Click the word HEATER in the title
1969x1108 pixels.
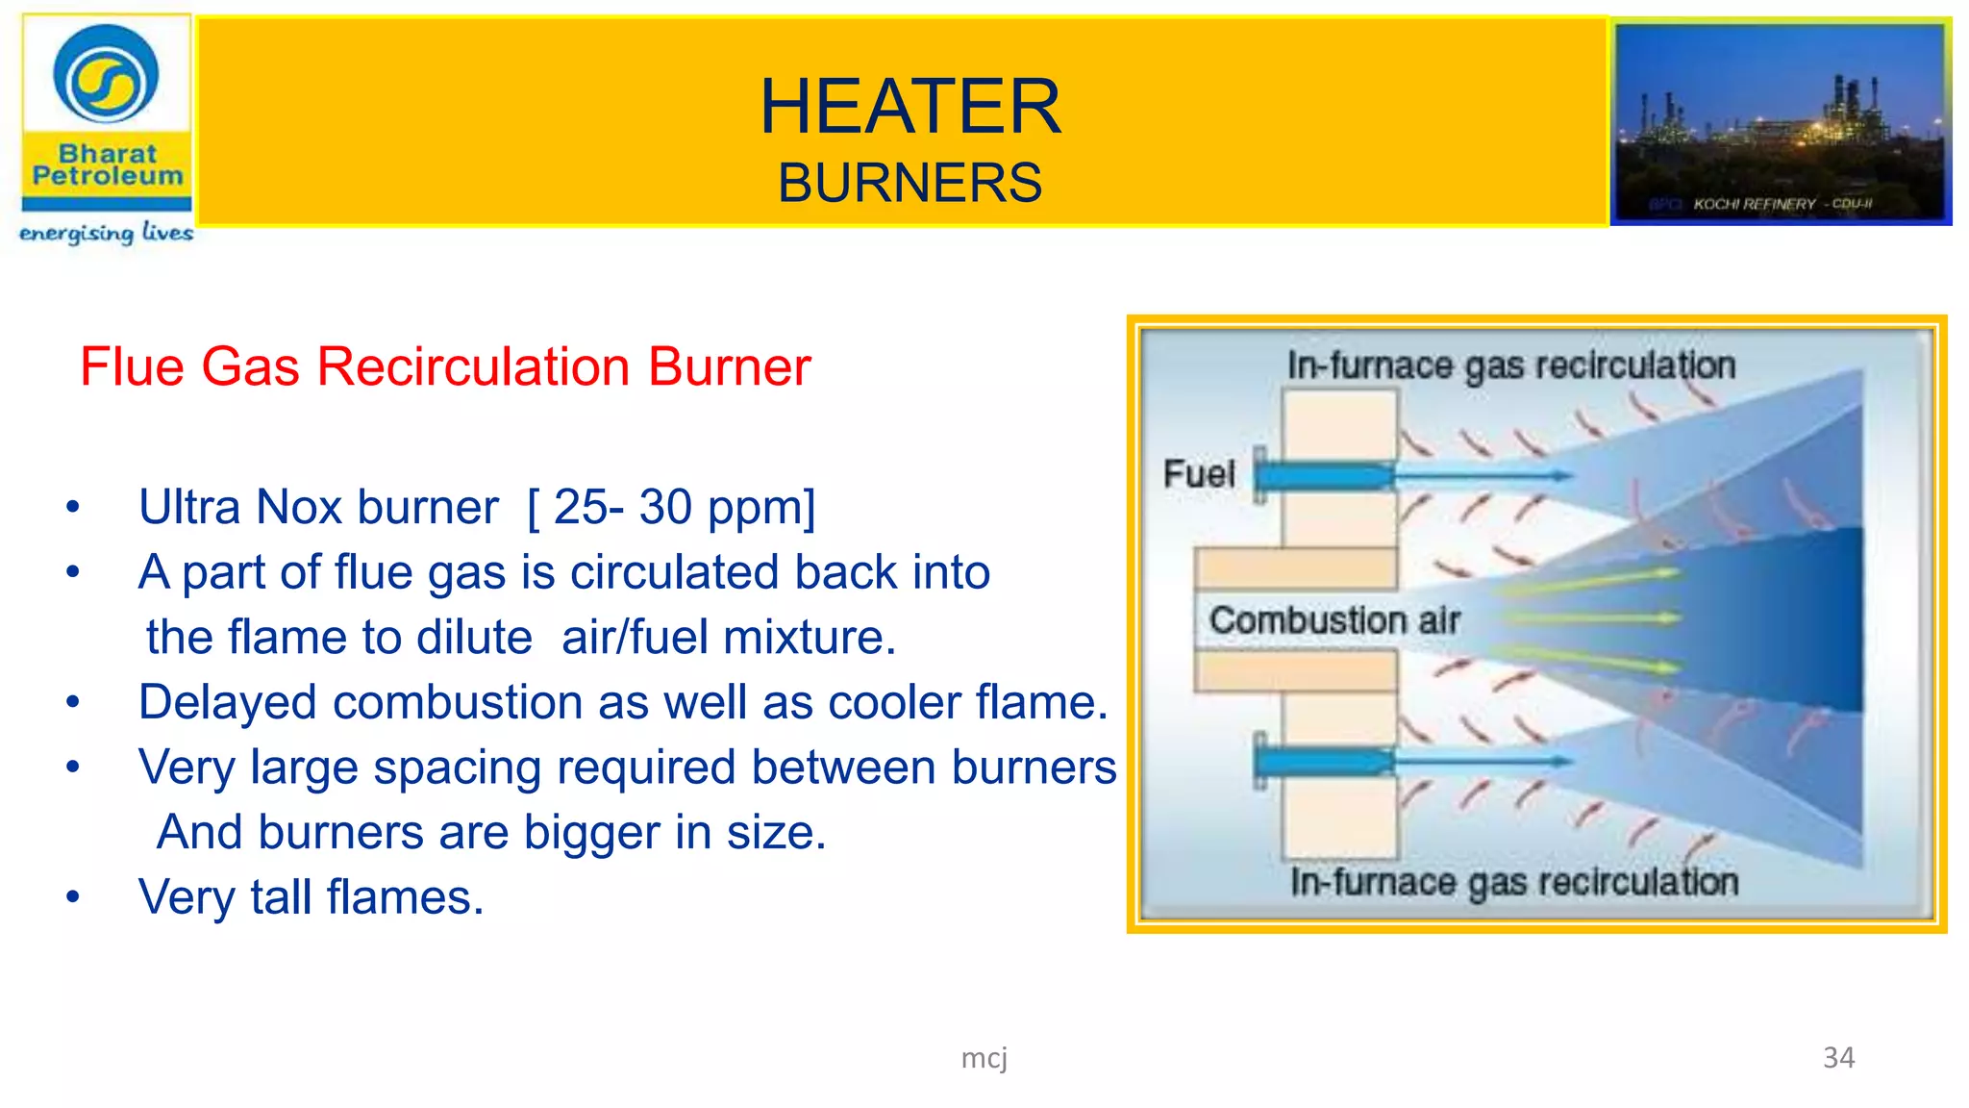[910, 107]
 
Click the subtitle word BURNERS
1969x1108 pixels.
[910, 183]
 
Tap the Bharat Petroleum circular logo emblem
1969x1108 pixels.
[106, 77]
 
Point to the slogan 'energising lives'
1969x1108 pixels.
[106, 233]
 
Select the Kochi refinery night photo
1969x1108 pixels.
[1781, 121]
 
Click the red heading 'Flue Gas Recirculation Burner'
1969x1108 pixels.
[445, 366]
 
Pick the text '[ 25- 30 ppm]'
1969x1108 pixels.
[671, 507]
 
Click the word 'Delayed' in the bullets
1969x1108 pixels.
[227, 702]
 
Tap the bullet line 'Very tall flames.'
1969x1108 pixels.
[311, 897]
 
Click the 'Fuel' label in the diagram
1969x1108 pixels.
[1199, 473]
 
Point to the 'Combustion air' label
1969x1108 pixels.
[1334, 620]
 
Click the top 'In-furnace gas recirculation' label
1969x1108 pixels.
[1511, 365]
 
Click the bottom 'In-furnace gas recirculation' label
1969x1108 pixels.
[1514, 882]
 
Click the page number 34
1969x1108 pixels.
[1838, 1058]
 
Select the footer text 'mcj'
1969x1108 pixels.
[984, 1058]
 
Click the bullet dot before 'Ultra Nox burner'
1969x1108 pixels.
[73, 508]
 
